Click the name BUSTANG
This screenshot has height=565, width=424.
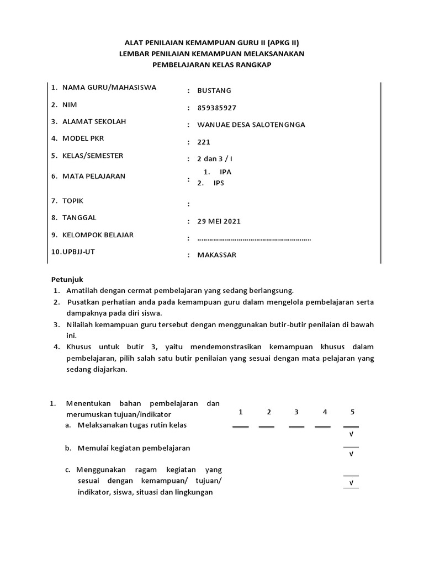(x=214, y=90)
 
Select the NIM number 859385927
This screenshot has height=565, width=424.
(x=220, y=108)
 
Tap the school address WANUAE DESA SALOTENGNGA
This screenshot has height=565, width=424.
(x=251, y=125)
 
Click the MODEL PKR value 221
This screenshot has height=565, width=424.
(x=204, y=142)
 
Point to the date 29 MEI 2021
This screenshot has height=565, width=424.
(x=219, y=221)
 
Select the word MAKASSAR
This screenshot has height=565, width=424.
(x=216, y=255)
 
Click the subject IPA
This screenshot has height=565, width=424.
(x=225, y=172)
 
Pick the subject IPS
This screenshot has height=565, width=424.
(x=219, y=183)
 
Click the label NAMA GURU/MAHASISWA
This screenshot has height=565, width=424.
(x=109, y=87)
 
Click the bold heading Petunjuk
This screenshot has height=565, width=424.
(x=67, y=279)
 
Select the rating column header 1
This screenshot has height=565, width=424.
(x=241, y=412)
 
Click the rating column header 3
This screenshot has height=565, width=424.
(x=296, y=412)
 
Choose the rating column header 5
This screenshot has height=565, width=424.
(x=352, y=412)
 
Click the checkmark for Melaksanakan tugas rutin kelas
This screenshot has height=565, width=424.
(x=351, y=435)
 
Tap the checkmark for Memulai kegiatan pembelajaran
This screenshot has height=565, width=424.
(x=351, y=454)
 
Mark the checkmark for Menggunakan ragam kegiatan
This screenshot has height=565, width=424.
(x=351, y=483)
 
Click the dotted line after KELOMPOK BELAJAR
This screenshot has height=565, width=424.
(x=254, y=239)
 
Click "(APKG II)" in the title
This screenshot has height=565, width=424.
(x=279, y=42)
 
